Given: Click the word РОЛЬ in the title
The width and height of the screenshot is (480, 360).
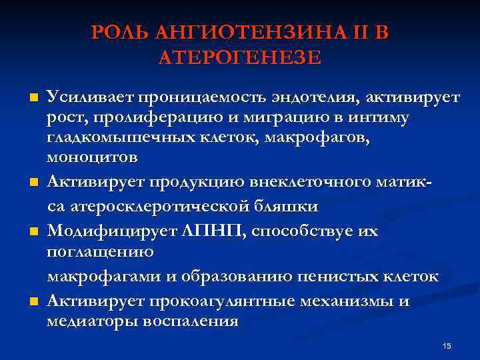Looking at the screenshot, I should (x=121, y=32).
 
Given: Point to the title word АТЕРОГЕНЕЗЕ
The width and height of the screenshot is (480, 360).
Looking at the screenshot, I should (x=240, y=57).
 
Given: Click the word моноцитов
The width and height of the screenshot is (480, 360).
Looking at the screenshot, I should (x=93, y=157).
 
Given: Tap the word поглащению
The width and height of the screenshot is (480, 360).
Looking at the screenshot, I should (x=100, y=251).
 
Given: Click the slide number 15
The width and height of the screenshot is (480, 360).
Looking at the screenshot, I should (x=447, y=346).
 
